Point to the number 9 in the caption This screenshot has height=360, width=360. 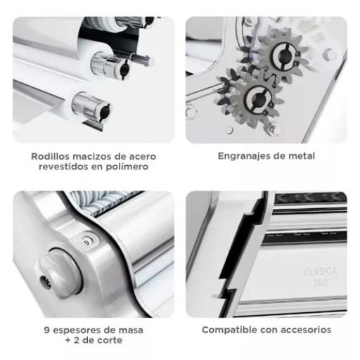tap(46, 330)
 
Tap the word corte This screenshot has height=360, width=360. tap(110, 340)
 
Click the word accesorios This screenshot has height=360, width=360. tap(306, 330)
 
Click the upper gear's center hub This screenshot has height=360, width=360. tap(285, 56)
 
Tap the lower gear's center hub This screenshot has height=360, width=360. tap(258, 100)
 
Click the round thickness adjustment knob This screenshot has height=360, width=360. tap(59, 274)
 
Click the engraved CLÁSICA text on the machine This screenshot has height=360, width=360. tap(321, 272)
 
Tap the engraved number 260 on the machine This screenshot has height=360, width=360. tap(321, 283)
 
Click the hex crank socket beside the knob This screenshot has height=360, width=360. tap(44, 281)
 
